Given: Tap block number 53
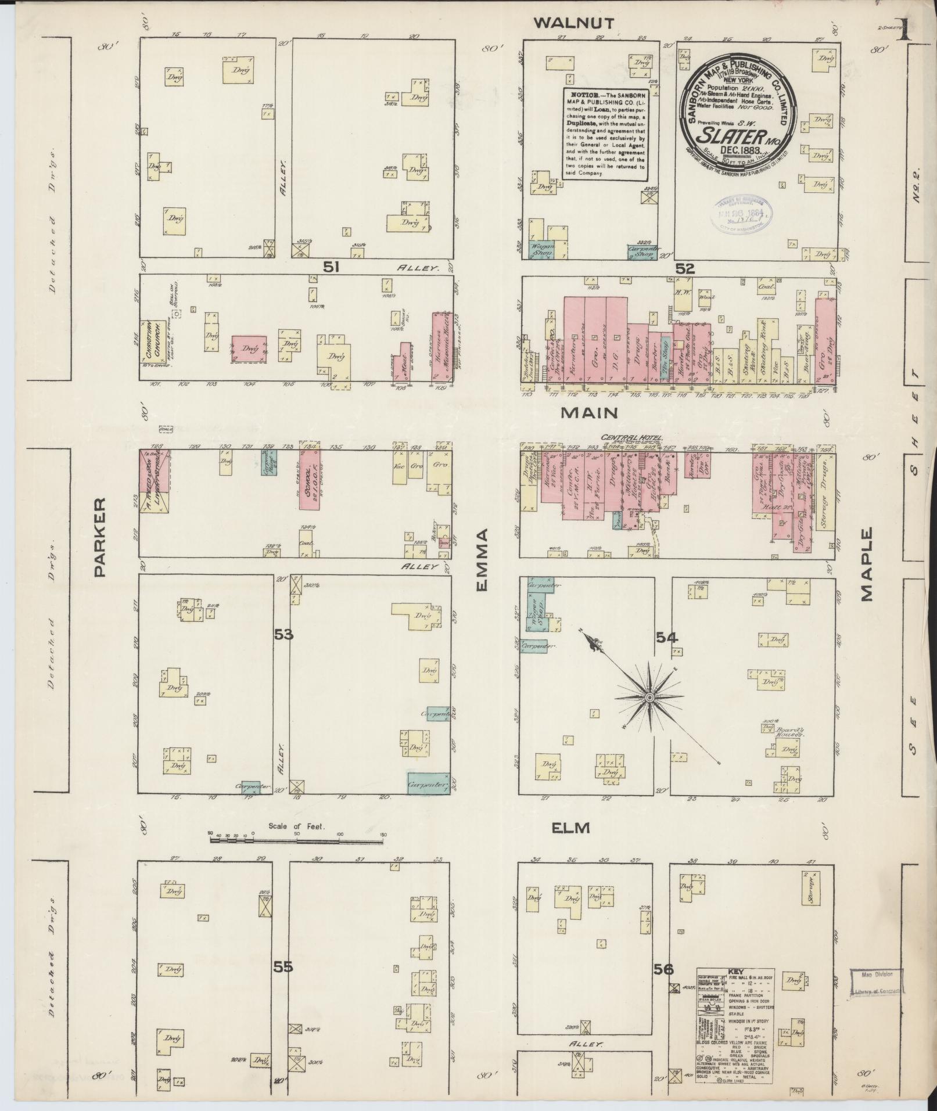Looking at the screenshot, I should pos(283,635).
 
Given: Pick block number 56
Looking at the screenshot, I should pos(663,969).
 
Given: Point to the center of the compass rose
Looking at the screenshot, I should pos(649,696).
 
